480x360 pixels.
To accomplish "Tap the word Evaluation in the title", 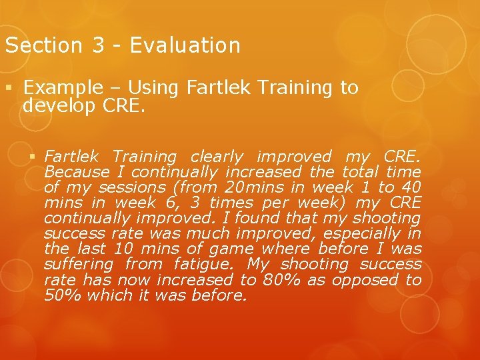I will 185,45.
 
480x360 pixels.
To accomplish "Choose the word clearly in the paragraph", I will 217,157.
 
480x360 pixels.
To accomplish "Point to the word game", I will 229,249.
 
